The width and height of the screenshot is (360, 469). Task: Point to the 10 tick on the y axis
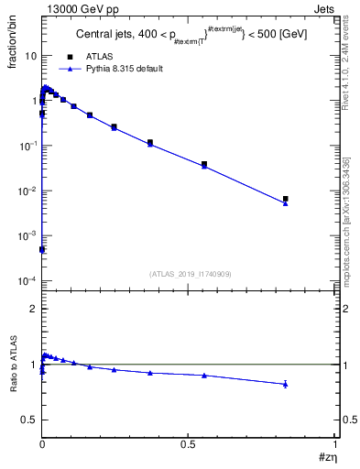tap(30, 56)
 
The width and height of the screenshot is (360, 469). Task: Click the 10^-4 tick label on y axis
tap(27, 281)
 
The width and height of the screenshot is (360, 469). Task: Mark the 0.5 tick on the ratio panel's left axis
tap(30, 420)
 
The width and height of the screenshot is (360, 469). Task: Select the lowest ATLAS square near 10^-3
tap(42, 249)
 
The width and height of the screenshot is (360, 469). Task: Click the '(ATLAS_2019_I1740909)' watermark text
tap(189, 274)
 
